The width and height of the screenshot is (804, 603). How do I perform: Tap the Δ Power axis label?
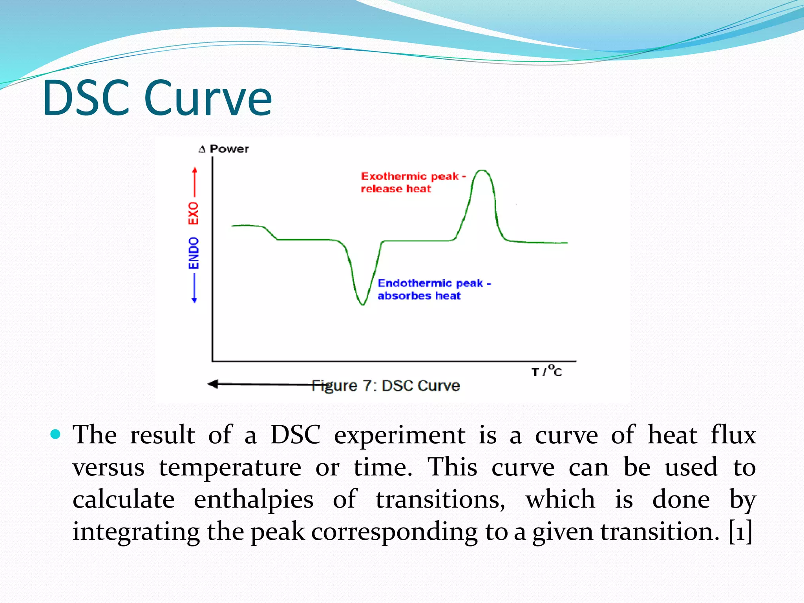pos(224,149)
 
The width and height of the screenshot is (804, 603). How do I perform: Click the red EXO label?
pos(193,213)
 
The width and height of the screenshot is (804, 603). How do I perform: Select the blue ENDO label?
pos(194,253)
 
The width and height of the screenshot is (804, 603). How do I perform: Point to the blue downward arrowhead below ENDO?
pos(194,300)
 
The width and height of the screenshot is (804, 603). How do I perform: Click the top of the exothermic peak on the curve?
pos(482,171)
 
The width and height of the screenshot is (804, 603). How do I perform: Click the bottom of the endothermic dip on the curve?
pos(362,303)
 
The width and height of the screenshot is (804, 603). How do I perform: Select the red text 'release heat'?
pos(396,189)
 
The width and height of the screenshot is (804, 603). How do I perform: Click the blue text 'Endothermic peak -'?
pos(434,283)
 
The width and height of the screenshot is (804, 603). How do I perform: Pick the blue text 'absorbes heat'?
pos(419,296)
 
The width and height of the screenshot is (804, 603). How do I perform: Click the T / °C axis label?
pos(547,371)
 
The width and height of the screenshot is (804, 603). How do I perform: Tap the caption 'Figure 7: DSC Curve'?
pos(386,386)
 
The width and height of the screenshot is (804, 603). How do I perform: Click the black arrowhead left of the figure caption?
pos(213,384)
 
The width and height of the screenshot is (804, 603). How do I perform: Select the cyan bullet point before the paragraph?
pos(56,434)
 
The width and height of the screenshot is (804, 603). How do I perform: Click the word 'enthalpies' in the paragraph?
pos(254,499)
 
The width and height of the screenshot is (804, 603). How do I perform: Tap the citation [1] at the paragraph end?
pos(740,532)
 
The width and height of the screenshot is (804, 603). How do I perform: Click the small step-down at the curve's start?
pos(270,232)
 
